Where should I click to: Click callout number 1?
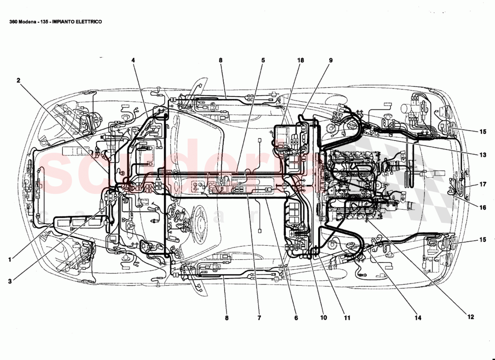(x=9, y=260)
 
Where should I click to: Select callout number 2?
(x=18, y=81)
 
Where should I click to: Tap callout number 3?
(x=9, y=281)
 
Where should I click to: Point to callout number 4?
(x=133, y=60)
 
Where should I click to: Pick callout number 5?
(x=263, y=60)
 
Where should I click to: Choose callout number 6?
(x=296, y=318)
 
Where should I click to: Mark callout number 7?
(x=259, y=318)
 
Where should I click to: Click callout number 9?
(x=330, y=60)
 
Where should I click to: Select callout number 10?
(x=323, y=318)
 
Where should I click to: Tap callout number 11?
(x=347, y=318)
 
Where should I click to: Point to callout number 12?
(x=471, y=317)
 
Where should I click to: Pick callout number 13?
(x=482, y=155)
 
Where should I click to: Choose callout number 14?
(x=418, y=318)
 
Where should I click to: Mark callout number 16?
(x=482, y=207)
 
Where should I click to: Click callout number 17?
(x=482, y=184)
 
